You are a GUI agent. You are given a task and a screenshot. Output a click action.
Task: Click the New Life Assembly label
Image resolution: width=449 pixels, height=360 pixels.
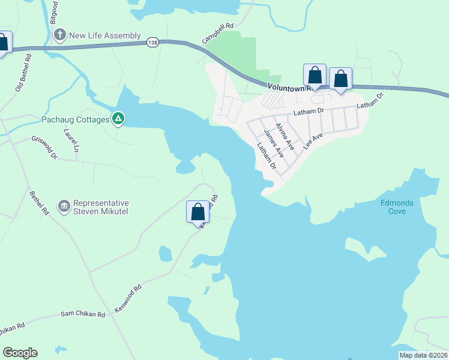[x=105, y=35]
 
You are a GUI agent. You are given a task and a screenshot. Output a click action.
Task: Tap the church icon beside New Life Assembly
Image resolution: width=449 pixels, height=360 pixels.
[x=59, y=35]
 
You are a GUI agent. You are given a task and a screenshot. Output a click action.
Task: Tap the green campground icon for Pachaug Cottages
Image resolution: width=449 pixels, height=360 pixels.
[x=119, y=119]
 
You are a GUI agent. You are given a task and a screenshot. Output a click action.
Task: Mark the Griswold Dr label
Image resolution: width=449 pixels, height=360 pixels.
[x=44, y=148]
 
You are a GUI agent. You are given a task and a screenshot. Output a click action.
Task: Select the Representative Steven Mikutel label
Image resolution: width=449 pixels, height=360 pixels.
[x=101, y=207]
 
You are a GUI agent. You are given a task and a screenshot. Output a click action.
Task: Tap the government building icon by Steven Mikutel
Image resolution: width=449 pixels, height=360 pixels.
[x=64, y=207]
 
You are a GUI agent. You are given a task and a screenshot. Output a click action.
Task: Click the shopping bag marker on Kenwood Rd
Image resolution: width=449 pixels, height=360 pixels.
[x=198, y=212]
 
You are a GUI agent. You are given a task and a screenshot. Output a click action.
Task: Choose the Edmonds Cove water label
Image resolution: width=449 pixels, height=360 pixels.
[x=397, y=207]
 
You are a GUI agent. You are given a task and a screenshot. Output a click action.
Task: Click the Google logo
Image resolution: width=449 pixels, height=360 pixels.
[x=20, y=353]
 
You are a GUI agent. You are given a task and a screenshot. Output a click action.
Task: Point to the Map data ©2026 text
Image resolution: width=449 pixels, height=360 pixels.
[x=423, y=355]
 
